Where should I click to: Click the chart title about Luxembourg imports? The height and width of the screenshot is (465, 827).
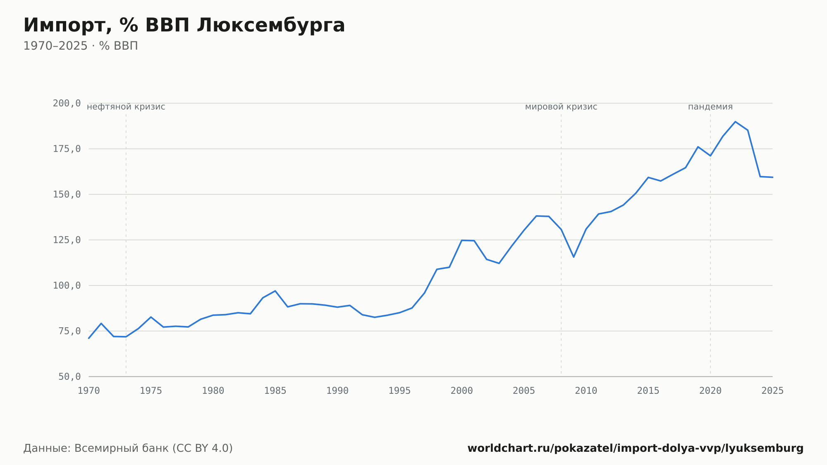point(184,26)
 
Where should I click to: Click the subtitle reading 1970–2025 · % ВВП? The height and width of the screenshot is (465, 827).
point(81,46)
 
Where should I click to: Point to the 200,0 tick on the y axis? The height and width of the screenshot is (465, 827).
point(67,103)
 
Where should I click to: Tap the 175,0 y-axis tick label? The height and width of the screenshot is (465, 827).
point(67,149)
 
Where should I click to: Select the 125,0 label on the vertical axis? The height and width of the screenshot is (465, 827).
point(67,240)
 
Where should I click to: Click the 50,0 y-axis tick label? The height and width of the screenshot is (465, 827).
point(69,376)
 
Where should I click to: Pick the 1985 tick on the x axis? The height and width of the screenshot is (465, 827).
point(275,391)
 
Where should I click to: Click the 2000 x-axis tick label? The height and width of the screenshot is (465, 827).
point(461,391)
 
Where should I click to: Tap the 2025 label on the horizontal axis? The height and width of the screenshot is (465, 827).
point(772,391)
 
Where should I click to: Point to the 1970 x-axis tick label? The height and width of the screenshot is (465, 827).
point(89,391)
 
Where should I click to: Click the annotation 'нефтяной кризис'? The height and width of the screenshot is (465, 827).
point(126,107)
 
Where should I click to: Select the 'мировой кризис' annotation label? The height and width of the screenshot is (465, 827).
point(561,107)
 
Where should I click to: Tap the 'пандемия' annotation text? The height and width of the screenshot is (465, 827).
point(710,107)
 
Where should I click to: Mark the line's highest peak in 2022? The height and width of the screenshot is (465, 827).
point(735,122)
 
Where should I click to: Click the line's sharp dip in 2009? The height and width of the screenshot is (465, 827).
point(574,257)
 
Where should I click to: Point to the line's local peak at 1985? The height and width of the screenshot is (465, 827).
point(275,291)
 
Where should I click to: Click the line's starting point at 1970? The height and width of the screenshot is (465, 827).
point(89,338)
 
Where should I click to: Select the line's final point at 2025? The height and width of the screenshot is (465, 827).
point(772,177)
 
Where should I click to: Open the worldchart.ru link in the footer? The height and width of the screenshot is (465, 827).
point(636,448)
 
